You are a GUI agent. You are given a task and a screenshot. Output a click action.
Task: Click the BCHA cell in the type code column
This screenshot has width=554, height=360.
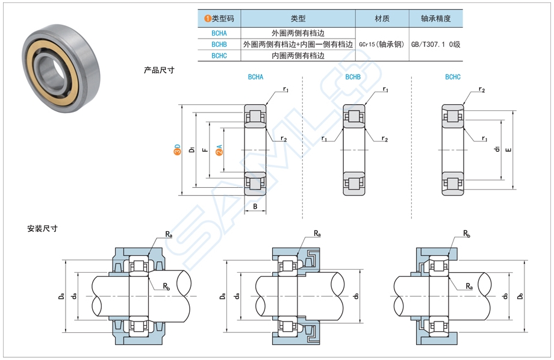pyautogui.click(x=219, y=33)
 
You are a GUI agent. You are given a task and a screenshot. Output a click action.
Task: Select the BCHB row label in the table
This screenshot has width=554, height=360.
pyautogui.click(x=219, y=44)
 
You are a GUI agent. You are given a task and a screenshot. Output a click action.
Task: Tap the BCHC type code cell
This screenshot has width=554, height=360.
pyautogui.click(x=219, y=55)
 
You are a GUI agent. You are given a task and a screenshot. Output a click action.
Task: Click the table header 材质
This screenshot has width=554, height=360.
pyautogui.click(x=382, y=19)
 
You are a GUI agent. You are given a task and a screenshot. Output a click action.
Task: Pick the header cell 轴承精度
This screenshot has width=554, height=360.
pyautogui.click(x=436, y=19)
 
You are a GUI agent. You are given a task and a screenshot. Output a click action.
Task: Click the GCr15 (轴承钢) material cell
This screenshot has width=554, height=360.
pyautogui.click(x=382, y=45)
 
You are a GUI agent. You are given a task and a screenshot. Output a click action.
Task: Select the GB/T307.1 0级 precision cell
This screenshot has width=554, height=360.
pyautogui.click(x=436, y=45)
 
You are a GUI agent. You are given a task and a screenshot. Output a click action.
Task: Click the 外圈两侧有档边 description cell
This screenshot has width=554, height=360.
pyautogui.click(x=298, y=33)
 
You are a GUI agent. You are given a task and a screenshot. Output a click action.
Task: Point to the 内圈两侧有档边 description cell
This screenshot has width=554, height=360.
pyautogui.click(x=298, y=55)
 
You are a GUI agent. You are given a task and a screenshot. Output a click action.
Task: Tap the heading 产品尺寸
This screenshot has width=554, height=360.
pyautogui.click(x=159, y=70)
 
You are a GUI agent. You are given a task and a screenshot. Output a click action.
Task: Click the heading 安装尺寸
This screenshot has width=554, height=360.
pyautogui.click(x=42, y=229)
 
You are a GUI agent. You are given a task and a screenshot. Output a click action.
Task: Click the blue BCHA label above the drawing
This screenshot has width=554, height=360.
pyautogui.click(x=255, y=77)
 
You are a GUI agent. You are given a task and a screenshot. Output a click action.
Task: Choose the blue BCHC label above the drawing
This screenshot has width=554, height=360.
pyautogui.click(x=453, y=77)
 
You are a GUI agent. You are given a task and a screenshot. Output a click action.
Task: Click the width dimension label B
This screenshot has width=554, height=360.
pyautogui.click(x=255, y=206)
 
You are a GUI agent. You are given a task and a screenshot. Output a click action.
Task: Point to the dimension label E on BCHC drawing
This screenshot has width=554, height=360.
pyautogui.click(x=509, y=149)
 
